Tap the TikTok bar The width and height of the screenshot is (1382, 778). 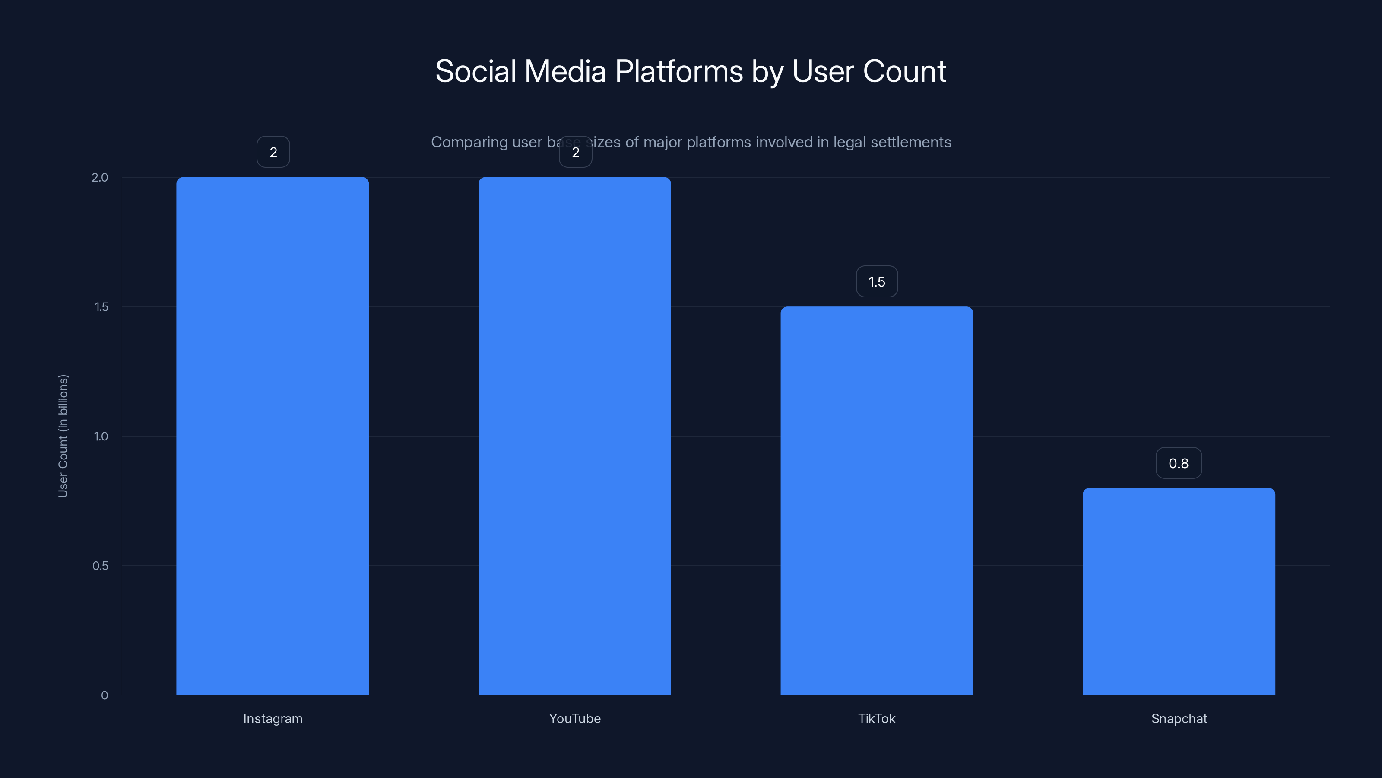(877, 501)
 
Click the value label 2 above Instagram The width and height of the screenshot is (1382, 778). (273, 152)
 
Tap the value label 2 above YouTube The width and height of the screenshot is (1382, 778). (576, 152)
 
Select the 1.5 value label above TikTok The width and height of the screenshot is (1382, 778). (877, 281)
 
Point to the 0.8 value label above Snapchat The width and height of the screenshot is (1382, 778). (1179, 463)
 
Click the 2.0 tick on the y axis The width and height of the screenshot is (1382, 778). (100, 177)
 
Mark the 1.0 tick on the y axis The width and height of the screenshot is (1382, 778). (101, 436)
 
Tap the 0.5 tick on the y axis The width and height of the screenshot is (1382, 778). (100, 565)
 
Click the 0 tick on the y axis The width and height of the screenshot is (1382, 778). (105, 695)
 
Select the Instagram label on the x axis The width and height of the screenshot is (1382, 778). (273, 718)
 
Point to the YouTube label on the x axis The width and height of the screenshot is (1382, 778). (574, 718)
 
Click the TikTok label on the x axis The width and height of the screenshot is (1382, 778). (877, 718)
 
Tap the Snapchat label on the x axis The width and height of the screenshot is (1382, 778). (1179, 718)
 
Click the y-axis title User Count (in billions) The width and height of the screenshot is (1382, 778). (63, 436)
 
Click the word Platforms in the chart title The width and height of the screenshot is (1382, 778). (678, 71)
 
